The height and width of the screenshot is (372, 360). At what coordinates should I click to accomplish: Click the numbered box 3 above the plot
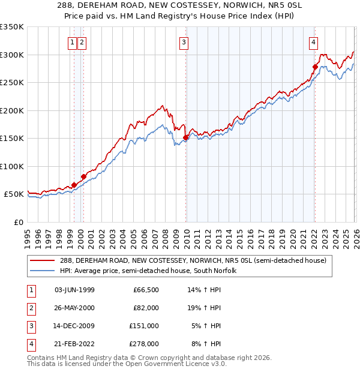[183, 42]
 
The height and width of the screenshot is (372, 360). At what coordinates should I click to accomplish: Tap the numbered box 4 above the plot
[314, 42]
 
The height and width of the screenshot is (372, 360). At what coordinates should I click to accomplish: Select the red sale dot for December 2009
[185, 137]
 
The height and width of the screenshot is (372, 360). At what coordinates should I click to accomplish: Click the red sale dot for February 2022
[314, 67]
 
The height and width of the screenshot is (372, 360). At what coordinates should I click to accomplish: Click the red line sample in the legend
[43, 260]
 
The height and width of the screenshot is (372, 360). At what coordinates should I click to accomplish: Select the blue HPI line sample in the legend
[43, 271]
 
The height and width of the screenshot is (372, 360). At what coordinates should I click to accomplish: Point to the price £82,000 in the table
[146, 308]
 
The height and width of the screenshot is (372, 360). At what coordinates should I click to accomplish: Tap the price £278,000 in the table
[144, 344]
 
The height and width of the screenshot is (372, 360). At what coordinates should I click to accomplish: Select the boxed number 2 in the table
[29, 308]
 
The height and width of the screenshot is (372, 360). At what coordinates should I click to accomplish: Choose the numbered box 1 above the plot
[71, 42]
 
